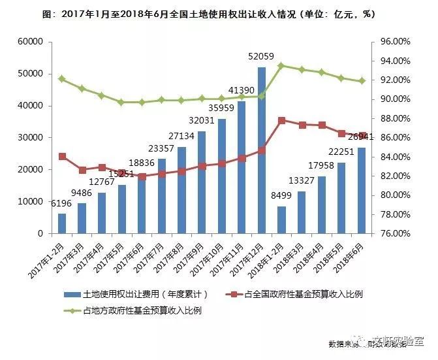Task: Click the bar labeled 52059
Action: click(x=262, y=150)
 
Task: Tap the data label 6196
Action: click(x=61, y=205)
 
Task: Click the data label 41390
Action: click(x=242, y=90)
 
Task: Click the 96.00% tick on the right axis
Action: click(x=394, y=42)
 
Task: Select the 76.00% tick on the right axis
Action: click(x=394, y=233)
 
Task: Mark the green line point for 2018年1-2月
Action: click(x=281, y=65)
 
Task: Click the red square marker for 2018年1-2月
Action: click(x=281, y=121)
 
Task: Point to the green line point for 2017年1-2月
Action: click(x=62, y=79)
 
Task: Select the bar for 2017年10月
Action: click(x=222, y=176)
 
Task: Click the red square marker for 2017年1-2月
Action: click(x=62, y=157)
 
